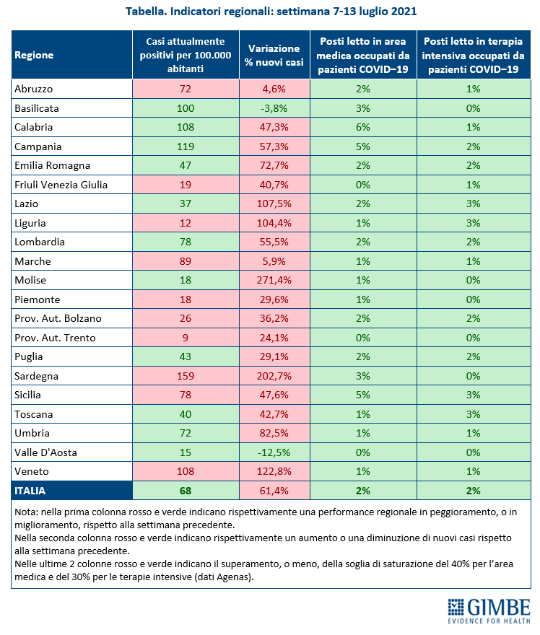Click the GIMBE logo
tap(489, 611)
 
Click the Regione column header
tap(34, 55)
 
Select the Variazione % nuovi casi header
tap(274, 55)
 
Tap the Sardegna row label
tap(37, 376)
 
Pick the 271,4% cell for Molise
tap(274, 280)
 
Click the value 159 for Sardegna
tap(186, 376)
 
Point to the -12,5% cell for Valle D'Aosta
tap(274, 452)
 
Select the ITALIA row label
tap(30, 491)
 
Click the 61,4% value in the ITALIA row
tap(274, 491)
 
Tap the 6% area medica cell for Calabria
tap(363, 127)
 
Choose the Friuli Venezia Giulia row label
tap(61, 185)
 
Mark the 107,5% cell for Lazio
tap(274, 203)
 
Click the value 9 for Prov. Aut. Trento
tap(186, 338)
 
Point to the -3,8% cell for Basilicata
tap(274, 108)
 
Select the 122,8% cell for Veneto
tap(274, 471)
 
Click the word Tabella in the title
tap(147, 12)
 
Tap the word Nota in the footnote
tap(26, 512)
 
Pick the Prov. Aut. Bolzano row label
tap(58, 318)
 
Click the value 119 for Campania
tap(186, 146)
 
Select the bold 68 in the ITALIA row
tap(186, 491)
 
